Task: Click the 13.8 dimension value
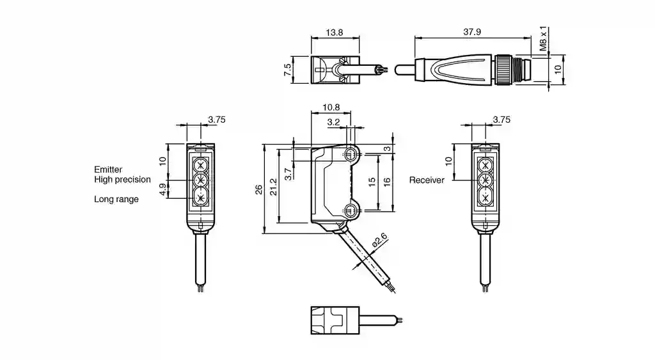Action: [334, 32]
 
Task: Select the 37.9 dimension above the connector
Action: [472, 32]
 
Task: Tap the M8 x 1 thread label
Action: [542, 39]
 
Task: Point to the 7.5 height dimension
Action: [287, 70]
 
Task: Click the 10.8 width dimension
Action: [331, 107]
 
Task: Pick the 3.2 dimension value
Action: [333, 122]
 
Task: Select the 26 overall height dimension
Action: [259, 189]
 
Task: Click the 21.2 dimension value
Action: [274, 187]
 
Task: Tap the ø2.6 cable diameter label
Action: [379, 241]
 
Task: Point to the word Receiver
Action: [427, 180]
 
